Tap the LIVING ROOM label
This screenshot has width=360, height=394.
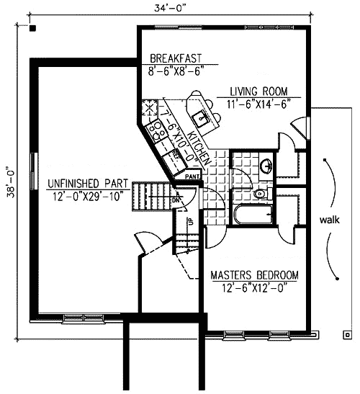[258, 91]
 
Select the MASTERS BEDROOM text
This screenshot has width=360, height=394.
[254, 275]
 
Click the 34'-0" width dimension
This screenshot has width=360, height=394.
[167, 9]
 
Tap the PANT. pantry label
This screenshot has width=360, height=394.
[192, 175]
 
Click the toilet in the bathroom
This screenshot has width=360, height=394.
[261, 193]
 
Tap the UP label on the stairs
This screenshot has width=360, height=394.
[190, 222]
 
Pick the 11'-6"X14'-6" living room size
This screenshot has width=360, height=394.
[258, 104]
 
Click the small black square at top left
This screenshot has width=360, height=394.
[33, 28]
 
